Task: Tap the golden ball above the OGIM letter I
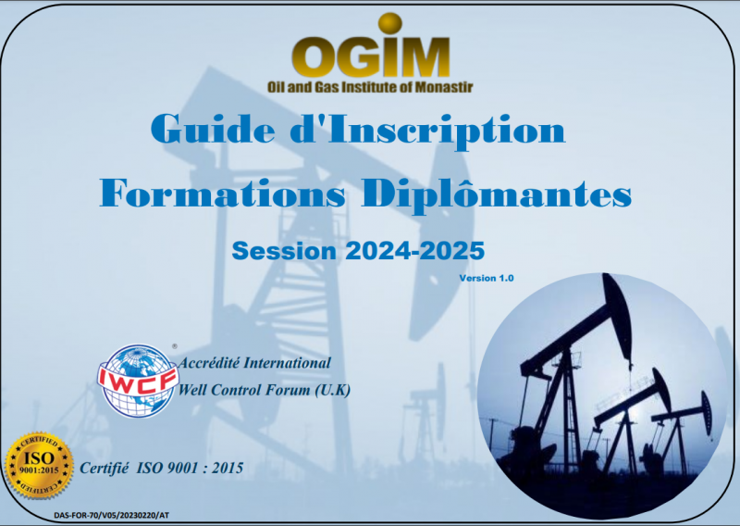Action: point(389,23)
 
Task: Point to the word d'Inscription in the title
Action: point(427,131)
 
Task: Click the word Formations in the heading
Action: point(222,193)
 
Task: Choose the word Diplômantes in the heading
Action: point(497,194)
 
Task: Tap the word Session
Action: point(284,250)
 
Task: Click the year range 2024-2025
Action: point(415,250)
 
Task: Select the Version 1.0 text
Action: point(487,278)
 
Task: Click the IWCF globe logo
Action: point(138,381)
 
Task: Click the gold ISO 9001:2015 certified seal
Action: point(39,466)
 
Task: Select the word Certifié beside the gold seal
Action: point(104,468)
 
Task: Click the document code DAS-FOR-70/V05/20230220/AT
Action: point(111,515)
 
